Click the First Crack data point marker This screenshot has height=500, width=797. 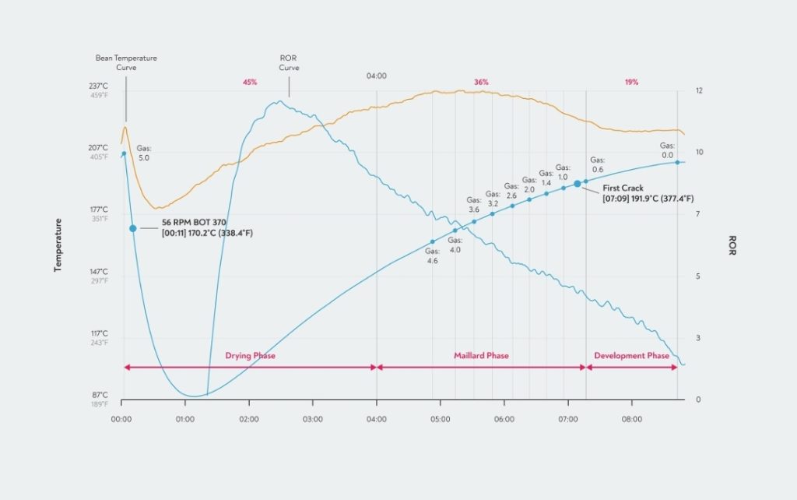(578, 184)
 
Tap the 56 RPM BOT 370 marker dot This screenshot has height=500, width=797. (133, 228)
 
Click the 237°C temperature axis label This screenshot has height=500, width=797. (99, 86)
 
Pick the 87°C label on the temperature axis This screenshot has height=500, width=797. (99, 395)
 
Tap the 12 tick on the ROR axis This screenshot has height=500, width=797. (699, 91)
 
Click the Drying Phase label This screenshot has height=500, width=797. (251, 356)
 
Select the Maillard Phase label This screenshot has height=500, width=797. (481, 356)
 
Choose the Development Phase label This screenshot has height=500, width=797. (631, 356)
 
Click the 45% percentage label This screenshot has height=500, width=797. (250, 82)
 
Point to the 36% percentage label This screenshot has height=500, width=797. (481, 82)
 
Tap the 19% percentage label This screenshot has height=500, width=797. (631, 82)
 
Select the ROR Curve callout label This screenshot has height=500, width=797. (288, 62)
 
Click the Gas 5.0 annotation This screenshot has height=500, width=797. (144, 153)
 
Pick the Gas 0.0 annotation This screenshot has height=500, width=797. (667, 150)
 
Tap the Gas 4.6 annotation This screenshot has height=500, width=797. (433, 256)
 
